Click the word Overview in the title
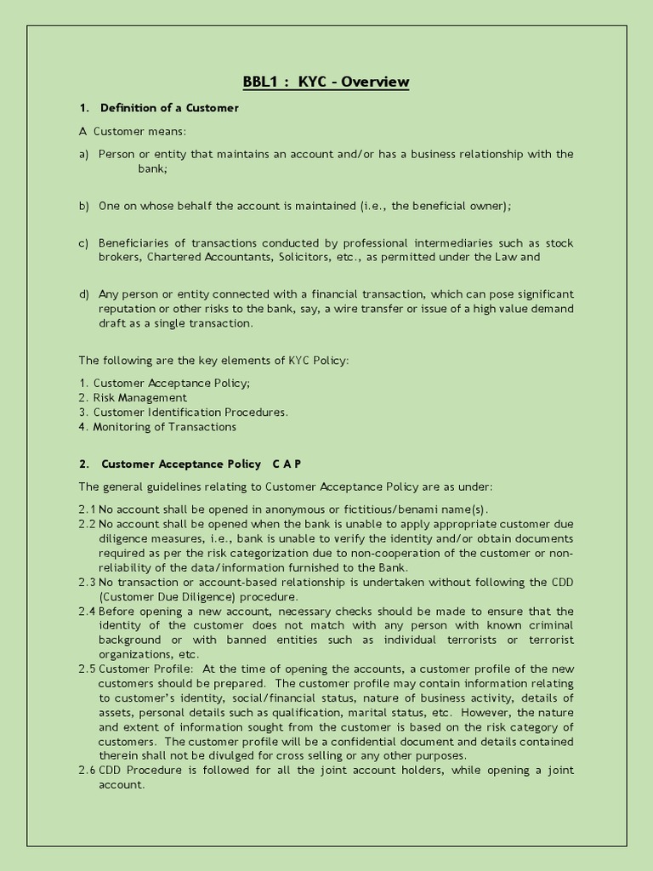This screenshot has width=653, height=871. [x=377, y=83]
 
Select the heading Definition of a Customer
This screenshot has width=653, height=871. [x=169, y=108]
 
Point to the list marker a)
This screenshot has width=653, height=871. [x=84, y=154]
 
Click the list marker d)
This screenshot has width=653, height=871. [x=84, y=293]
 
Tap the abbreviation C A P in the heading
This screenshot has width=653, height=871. [x=287, y=464]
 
